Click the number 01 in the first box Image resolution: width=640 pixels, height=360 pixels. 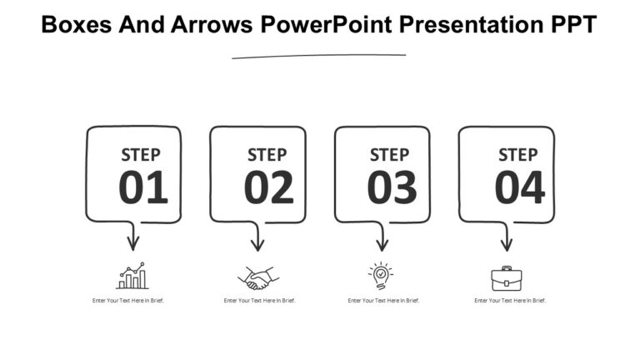[x=143, y=187]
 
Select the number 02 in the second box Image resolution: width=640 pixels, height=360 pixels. [x=268, y=187]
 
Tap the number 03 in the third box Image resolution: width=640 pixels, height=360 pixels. [x=392, y=187]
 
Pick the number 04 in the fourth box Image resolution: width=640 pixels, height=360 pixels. [x=520, y=187]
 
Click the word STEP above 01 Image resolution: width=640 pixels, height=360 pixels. [x=141, y=155]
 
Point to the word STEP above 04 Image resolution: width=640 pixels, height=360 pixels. [x=517, y=155]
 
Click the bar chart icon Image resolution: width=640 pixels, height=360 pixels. [x=132, y=277]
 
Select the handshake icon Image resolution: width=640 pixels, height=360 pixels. [x=258, y=277]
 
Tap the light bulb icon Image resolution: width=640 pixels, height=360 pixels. [x=381, y=276]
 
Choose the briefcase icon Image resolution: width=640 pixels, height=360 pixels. [x=507, y=277]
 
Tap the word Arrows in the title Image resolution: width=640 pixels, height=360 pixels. [x=210, y=25]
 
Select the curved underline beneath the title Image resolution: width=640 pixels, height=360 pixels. [x=319, y=56]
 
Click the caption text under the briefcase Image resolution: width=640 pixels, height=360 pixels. [x=510, y=300]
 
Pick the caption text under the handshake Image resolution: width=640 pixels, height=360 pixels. [x=260, y=300]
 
